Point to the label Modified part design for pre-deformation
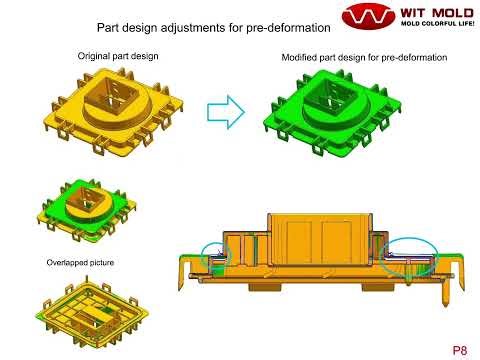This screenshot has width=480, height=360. [x=366, y=59]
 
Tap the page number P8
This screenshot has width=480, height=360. [x=458, y=349]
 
